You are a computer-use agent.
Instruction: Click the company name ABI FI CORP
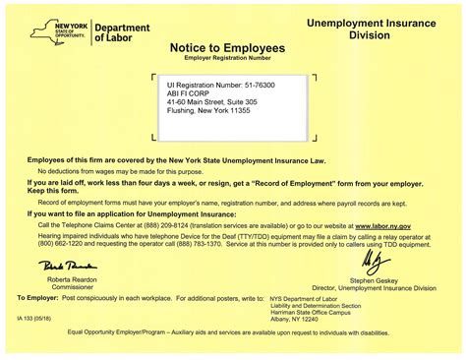(x=189, y=97)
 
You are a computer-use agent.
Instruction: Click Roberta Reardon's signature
(x=65, y=266)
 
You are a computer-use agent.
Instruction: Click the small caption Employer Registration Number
(x=227, y=59)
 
